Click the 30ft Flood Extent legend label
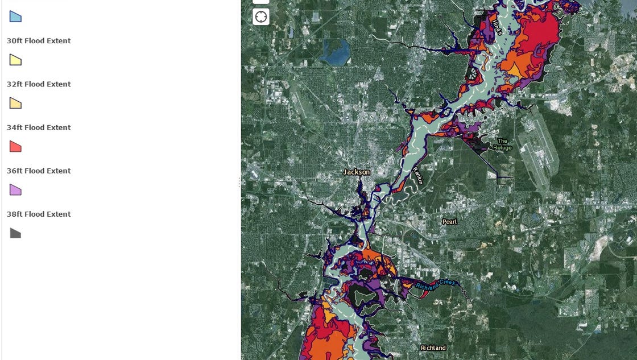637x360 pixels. [39, 41]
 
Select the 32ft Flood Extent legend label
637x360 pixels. [39, 84]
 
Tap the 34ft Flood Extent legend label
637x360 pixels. [39, 127]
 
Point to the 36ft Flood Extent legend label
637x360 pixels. [39, 171]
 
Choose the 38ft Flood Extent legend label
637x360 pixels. [39, 214]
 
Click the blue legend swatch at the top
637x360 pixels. [15, 16]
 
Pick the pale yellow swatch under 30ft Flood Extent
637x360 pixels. [15, 60]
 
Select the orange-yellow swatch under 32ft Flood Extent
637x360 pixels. [15, 103]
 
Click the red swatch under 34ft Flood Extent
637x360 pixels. [15, 147]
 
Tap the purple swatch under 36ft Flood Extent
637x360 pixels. [15, 190]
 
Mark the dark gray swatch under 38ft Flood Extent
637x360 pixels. [15, 233]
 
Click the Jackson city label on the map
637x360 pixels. [357, 172]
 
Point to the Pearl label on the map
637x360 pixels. [449, 222]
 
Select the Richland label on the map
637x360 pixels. [433, 347]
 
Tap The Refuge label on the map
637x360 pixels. [502, 144]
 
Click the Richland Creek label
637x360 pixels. [436, 284]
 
